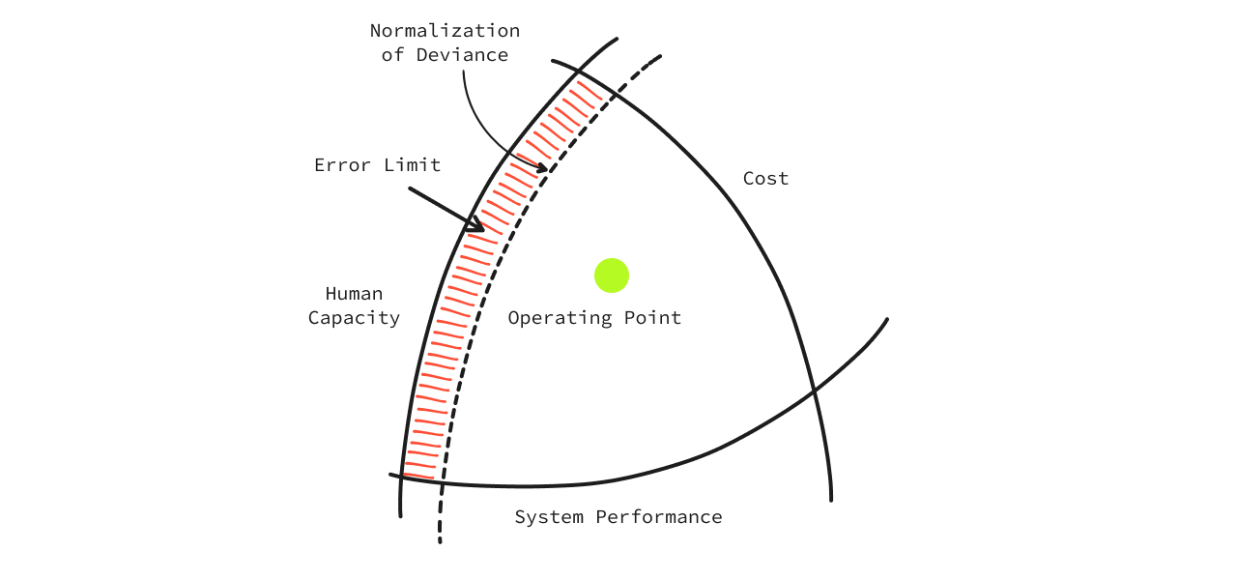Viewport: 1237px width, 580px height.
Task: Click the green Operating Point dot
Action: [x=612, y=275]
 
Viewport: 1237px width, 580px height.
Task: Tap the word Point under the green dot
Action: [x=652, y=318]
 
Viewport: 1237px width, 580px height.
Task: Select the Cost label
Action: [x=765, y=179]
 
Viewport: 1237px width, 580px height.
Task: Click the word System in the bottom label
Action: [x=548, y=517]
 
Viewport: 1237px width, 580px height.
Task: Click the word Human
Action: [x=354, y=294]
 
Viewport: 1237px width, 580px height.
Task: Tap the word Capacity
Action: [x=354, y=318]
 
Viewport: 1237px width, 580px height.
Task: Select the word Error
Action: [x=343, y=165]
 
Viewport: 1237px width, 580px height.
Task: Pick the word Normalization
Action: [x=445, y=31]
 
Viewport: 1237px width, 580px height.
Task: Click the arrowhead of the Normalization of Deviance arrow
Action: [x=543, y=169]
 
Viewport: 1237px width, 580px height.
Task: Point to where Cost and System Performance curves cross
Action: [x=815, y=391]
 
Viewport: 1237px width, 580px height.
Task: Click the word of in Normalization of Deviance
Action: [x=392, y=55]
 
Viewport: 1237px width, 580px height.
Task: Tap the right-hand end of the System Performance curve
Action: [x=886, y=320]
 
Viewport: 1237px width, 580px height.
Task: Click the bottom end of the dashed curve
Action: [x=440, y=540]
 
